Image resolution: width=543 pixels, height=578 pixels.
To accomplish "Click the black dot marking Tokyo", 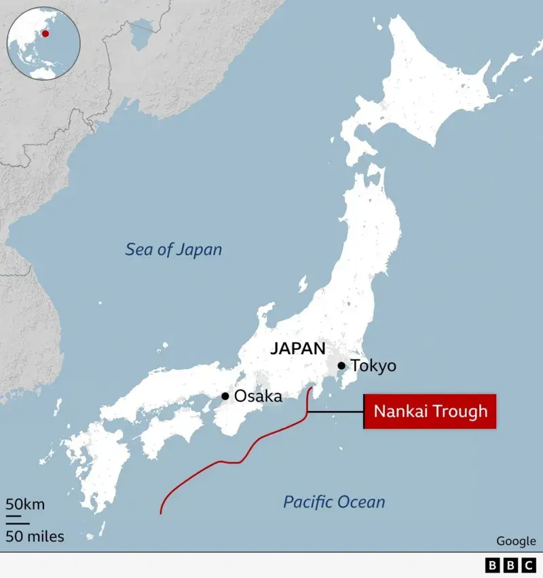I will pos(341,366).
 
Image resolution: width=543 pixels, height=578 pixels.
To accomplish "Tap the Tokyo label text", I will pos(373,366).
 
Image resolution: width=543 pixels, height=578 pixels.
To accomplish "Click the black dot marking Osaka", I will pos(225,396).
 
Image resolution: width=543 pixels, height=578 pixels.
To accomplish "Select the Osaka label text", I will pos(257,396).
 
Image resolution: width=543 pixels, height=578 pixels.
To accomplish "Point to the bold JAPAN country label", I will pos(298,349).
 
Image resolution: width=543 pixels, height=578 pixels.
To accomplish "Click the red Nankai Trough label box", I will pos(430,411).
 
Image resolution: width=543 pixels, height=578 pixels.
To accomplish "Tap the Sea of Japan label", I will pos(174,250).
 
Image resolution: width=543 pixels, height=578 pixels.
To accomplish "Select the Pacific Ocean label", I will pos(334,502).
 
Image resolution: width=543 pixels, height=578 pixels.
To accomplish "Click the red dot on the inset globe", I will pos(45,33).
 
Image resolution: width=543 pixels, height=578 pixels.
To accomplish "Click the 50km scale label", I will pos(26,504).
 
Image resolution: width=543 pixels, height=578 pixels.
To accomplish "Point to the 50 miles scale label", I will pos(35,537).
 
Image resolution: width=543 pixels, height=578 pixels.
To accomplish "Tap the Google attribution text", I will pos(516,541).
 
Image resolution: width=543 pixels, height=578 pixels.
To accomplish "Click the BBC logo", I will pos(510,564).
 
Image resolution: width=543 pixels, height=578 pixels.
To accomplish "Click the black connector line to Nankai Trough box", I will pos(336,412).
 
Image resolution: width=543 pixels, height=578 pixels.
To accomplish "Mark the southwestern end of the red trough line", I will pos(161,512).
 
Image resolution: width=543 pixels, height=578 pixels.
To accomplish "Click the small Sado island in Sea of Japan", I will pos(303,284).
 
